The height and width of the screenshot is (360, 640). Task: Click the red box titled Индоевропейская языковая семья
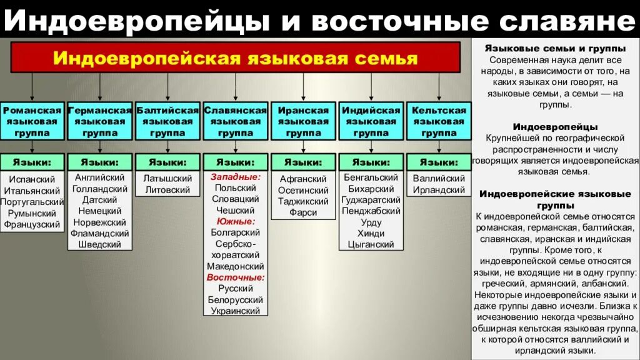click(x=236, y=58)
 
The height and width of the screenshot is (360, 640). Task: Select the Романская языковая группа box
click(x=32, y=121)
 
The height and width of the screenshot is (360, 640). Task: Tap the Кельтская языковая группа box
click(x=439, y=121)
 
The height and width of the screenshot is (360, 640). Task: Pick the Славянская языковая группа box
click(x=236, y=121)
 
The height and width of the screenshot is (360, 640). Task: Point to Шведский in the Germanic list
click(x=100, y=244)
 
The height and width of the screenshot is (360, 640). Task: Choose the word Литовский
click(x=167, y=190)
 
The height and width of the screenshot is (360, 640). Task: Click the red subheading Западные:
click(x=236, y=177)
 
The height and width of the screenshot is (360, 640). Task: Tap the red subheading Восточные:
click(x=236, y=277)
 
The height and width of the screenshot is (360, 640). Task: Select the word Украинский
click(x=236, y=311)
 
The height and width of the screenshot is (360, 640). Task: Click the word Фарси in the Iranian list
click(x=303, y=212)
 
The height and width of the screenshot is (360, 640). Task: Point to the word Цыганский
click(x=371, y=244)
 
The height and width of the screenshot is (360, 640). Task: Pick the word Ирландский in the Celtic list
click(x=439, y=190)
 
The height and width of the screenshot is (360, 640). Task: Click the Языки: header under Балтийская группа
click(x=167, y=162)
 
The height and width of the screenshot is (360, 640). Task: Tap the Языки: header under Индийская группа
click(x=371, y=162)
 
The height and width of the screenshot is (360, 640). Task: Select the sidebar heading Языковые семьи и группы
click(x=556, y=49)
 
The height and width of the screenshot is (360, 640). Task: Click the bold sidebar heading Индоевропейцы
click(x=556, y=127)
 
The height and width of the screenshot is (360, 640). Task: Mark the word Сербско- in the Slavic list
click(x=236, y=244)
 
